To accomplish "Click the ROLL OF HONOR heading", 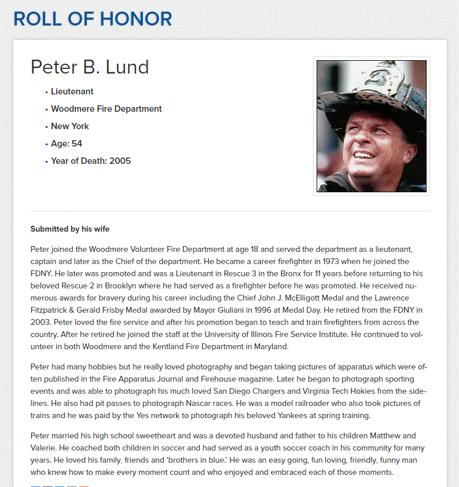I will click(x=93, y=19).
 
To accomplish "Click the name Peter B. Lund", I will click(x=90, y=67).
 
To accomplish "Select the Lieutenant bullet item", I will click(x=72, y=91).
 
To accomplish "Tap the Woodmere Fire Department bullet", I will click(x=106, y=109).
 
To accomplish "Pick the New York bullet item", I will click(x=69, y=126).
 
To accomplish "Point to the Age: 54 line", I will click(x=66, y=144).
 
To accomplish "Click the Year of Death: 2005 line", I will click(x=90, y=161).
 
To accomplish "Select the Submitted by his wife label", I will click(x=70, y=229).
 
